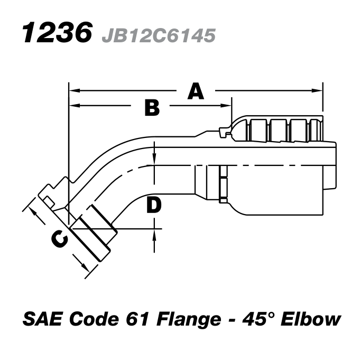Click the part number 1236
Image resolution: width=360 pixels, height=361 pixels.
point(54,33)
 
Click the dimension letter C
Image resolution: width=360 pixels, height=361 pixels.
point(59,240)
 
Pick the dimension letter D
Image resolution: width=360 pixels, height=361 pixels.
point(153,206)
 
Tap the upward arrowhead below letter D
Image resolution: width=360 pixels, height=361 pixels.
point(154,233)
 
